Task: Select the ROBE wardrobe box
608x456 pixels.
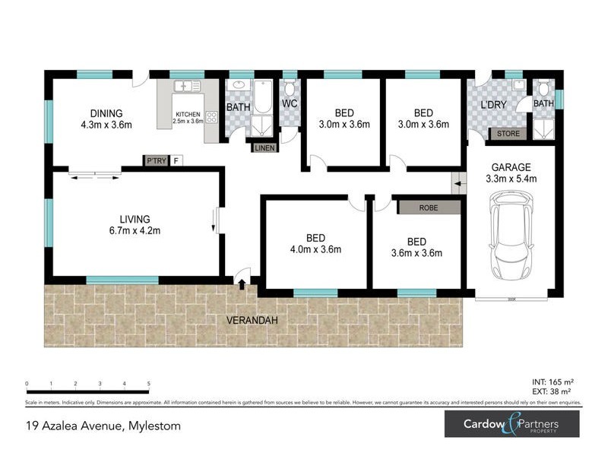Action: tap(429, 206)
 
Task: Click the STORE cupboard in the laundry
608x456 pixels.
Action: tap(508, 135)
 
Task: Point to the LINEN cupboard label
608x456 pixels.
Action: tap(264, 148)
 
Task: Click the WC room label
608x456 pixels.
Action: tap(289, 103)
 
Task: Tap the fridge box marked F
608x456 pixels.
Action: tap(176, 160)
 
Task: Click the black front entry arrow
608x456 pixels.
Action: tap(242, 284)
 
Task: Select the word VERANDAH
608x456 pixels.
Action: tap(252, 321)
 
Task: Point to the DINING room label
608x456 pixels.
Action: tap(106, 119)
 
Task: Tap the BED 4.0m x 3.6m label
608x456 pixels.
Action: tap(315, 243)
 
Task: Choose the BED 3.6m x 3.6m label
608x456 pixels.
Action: tap(416, 247)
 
